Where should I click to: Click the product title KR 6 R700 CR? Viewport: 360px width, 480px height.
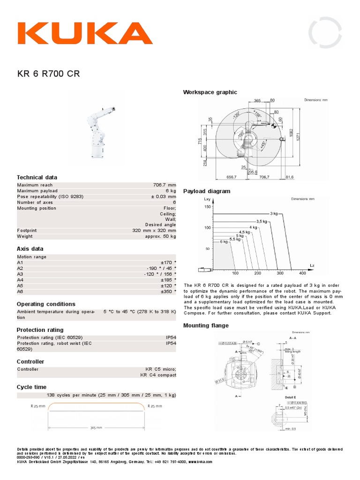click(x=45, y=74)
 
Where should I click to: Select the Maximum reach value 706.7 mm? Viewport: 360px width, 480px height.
click(x=162, y=185)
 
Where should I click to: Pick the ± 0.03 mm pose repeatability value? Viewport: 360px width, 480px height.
click(x=163, y=196)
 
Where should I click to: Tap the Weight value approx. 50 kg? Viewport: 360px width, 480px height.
click(x=160, y=236)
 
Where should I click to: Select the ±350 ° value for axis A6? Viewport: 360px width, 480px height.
click(x=168, y=291)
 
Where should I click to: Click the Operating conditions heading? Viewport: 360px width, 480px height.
click(x=46, y=304)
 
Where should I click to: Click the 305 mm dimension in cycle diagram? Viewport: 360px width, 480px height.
click(x=96, y=427)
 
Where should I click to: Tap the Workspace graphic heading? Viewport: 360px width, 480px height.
click(x=210, y=92)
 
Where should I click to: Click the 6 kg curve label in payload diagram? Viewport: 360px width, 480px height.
click(x=224, y=242)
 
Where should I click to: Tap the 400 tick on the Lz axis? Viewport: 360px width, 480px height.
click(x=302, y=273)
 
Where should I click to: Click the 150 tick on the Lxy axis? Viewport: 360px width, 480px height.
click(x=207, y=206)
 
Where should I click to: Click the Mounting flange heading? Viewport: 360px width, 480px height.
click(x=206, y=325)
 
